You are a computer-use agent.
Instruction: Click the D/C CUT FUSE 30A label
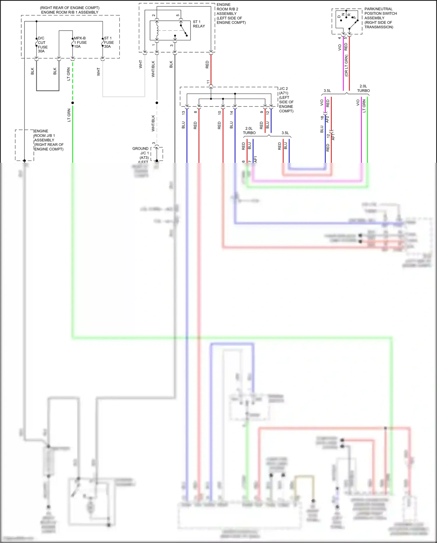(x=42, y=45)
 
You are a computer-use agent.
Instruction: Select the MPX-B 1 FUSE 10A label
(x=80, y=42)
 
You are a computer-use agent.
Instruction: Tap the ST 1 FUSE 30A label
(x=109, y=42)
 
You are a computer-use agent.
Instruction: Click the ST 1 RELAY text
(x=199, y=24)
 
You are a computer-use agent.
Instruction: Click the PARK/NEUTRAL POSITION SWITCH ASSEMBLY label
(x=380, y=18)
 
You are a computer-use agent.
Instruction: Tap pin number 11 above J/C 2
(x=208, y=82)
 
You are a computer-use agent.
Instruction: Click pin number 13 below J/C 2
(x=183, y=112)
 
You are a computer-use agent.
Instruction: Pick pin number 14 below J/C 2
(x=231, y=112)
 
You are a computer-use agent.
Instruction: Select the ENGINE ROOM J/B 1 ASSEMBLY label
(x=49, y=140)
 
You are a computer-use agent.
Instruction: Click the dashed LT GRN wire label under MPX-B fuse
(x=68, y=74)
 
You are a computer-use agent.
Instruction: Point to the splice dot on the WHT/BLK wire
(x=157, y=103)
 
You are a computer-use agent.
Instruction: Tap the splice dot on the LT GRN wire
(x=73, y=103)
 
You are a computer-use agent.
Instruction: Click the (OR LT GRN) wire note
(x=346, y=66)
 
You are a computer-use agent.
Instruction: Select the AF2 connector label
(x=327, y=119)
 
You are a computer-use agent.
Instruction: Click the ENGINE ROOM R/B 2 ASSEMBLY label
(x=231, y=13)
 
